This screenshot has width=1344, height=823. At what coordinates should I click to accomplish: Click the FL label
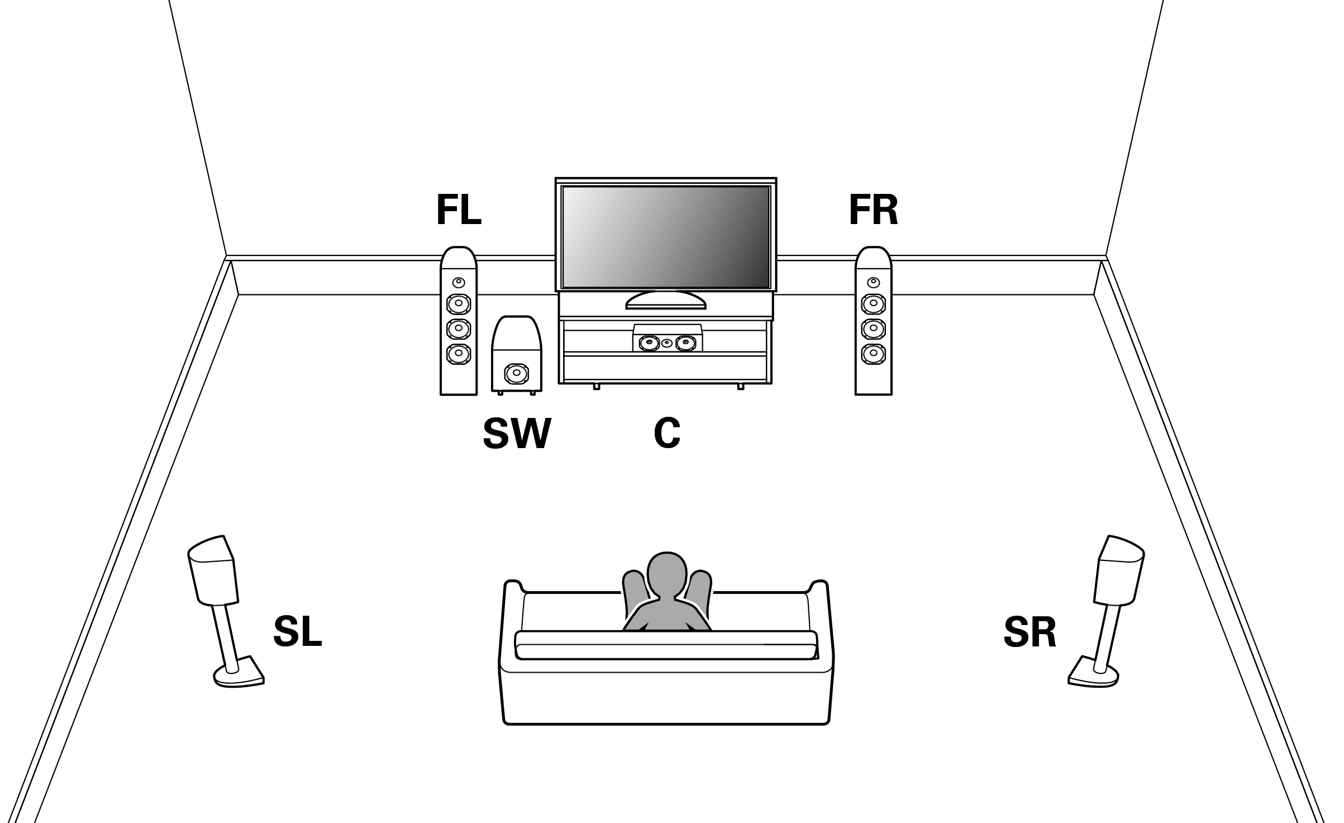click(x=459, y=211)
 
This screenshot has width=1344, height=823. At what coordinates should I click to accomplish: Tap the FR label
click(x=873, y=211)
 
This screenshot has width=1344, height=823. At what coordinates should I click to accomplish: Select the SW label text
click(x=517, y=434)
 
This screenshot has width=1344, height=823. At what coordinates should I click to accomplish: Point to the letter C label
click(x=667, y=434)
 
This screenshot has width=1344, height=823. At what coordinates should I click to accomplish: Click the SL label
click(x=297, y=632)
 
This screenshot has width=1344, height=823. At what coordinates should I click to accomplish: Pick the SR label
click(x=1030, y=632)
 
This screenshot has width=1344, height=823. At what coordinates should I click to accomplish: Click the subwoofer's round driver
click(x=516, y=373)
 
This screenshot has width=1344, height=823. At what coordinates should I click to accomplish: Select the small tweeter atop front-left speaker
click(x=459, y=282)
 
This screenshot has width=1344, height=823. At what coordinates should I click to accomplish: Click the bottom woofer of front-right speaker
click(x=873, y=353)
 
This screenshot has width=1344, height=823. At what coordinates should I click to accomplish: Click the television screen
click(x=665, y=237)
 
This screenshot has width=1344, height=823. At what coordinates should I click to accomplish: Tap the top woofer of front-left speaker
click(x=459, y=304)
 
